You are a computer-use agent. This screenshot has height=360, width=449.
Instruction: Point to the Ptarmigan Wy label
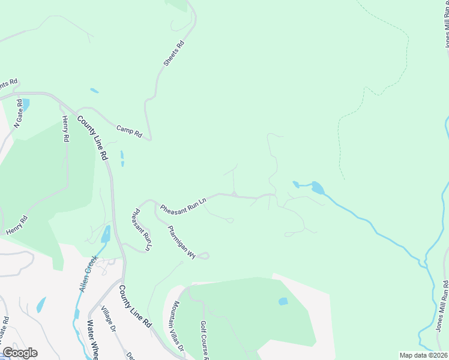coord(182,241)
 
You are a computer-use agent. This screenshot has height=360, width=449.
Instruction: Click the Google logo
coord(20,353)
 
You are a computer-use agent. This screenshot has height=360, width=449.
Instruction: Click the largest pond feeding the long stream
coord(316,188)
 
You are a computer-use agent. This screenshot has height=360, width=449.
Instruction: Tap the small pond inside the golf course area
coord(283,301)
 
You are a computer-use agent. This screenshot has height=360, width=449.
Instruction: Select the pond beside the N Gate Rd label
coord(26,104)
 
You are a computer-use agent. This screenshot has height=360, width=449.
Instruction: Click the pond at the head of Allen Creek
coord(106,234)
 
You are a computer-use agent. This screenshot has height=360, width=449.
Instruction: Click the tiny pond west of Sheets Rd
coord(94,91)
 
